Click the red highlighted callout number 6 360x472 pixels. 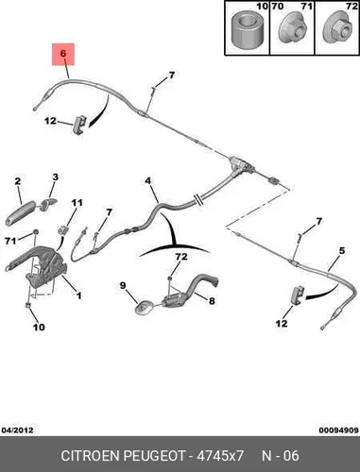coord(63,54)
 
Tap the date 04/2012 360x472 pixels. coord(18,430)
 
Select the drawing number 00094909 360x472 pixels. coord(338,430)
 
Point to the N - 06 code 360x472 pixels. coord(281,456)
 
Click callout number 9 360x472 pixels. coord(123,286)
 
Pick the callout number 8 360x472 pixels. coord(212,301)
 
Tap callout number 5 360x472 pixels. coord(342,251)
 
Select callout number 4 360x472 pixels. coord(148,181)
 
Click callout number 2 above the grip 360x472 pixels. coord(18,181)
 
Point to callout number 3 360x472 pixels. coord(56,177)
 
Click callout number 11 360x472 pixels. coord(77,203)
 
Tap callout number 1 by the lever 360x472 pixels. coord(78,295)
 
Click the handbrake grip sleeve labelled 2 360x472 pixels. coord(20,214)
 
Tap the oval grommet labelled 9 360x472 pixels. coord(144,307)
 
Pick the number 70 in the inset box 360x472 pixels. coord(277,7)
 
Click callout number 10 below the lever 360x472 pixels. coord(39,328)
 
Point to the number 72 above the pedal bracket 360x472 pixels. coord(181,257)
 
